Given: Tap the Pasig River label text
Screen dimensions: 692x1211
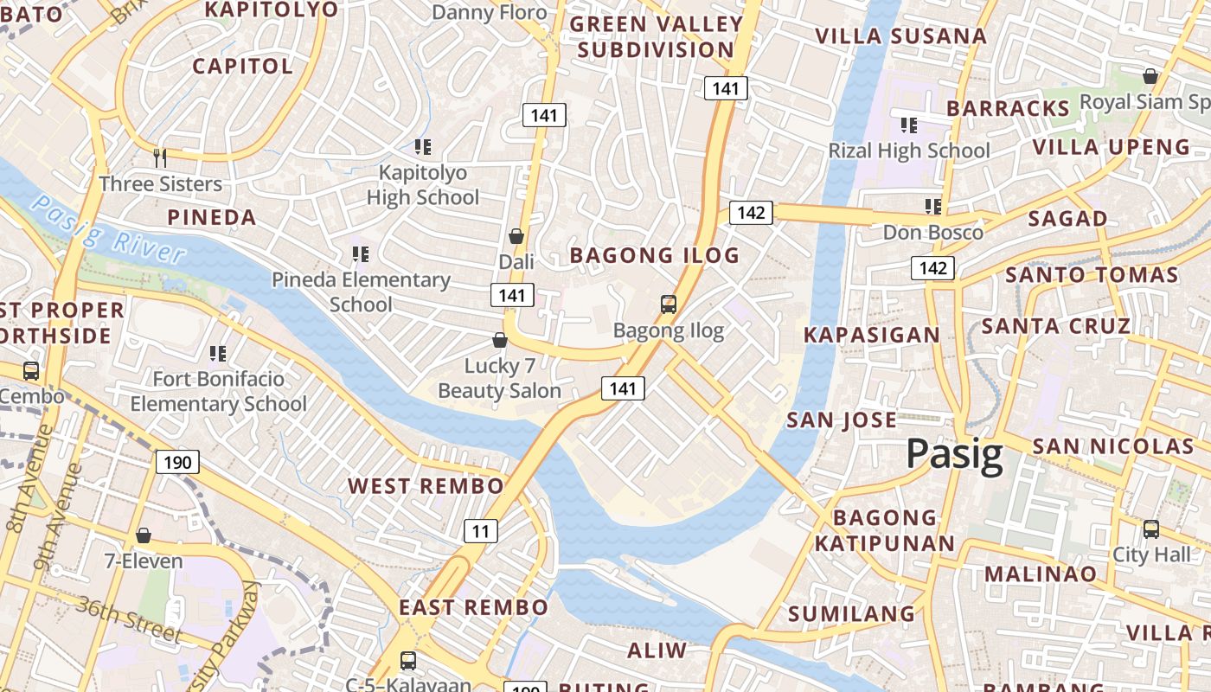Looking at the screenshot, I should pyautogui.click(x=109, y=229).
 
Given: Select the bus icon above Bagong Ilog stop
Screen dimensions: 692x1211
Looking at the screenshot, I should pyautogui.click(x=669, y=304).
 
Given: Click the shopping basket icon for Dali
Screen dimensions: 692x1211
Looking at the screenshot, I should pyautogui.click(x=516, y=236).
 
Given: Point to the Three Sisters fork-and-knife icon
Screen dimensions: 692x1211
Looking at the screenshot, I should pyautogui.click(x=160, y=157).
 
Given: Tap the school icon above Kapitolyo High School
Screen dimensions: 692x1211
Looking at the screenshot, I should pyautogui.click(x=422, y=147).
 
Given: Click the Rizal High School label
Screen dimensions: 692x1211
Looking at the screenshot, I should pyautogui.click(x=908, y=151).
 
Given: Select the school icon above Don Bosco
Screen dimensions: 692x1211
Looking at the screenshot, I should pyautogui.click(x=932, y=207).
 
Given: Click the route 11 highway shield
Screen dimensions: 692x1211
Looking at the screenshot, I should pyautogui.click(x=480, y=530).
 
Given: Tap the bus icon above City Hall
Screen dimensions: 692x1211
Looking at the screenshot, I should pyautogui.click(x=1150, y=529).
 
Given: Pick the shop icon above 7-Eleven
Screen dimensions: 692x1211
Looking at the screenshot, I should pyautogui.click(x=144, y=535).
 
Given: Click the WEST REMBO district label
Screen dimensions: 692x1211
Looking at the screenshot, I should pyautogui.click(x=426, y=486).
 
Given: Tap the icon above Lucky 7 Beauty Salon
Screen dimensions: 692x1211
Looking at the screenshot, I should pyautogui.click(x=500, y=340).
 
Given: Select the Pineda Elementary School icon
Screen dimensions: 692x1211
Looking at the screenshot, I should pyautogui.click(x=361, y=254).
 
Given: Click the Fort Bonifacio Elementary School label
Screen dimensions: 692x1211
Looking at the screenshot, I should pyautogui.click(x=218, y=392).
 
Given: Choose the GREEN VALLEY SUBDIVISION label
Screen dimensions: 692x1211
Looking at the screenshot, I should pyautogui.click(x=656, y=37).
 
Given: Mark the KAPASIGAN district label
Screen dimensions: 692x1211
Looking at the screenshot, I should pyautogui.click(x=871, y=335).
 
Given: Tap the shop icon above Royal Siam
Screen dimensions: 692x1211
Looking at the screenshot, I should pyautogui.click(x=1150, y=76).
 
